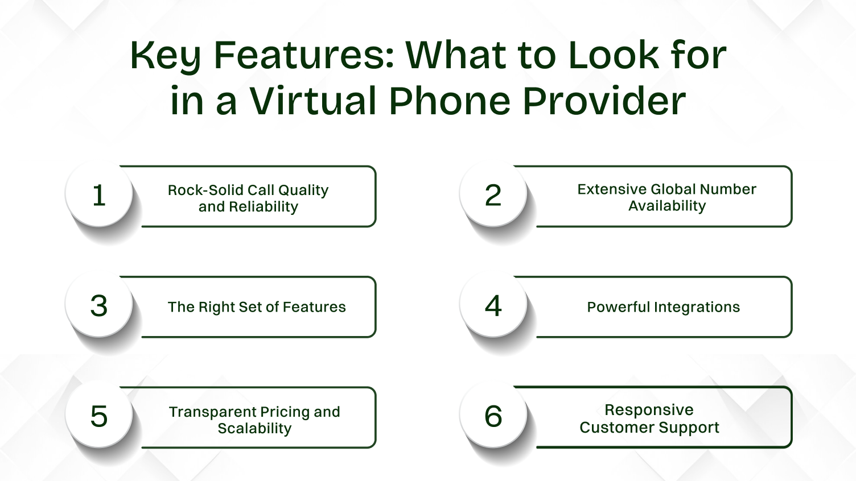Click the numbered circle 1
(99, 195)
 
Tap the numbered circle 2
(493, 195)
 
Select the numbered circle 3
(99, 305)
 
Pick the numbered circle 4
(493, 305)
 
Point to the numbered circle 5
(99, 416)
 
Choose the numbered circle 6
(493, 416)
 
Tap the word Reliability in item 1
(264, 206)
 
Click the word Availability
(667, 206)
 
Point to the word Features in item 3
(314, 307)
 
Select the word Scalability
(254, 428)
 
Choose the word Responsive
(649, 410)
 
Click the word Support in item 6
(693, 428)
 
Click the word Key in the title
(165, 56)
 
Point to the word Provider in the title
(604, 101)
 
